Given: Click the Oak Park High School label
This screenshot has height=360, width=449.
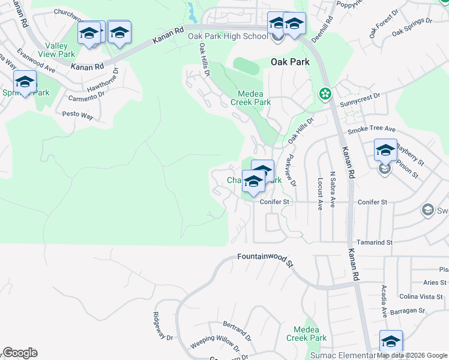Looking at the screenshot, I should click(x=228, y=37).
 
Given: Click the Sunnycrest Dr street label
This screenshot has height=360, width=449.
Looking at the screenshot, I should click(x=360, y=96).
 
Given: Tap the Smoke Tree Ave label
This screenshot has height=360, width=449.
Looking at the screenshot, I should click(x=372, y=129).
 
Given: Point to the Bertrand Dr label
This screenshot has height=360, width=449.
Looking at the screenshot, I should click(x=235, y=329).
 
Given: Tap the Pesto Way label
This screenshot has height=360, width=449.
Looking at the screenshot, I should click(x=78, y=114).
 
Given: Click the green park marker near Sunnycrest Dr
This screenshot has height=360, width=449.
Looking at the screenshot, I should click(x=325, y=95).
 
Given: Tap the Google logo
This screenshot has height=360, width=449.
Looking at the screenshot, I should click(x=20, y=353).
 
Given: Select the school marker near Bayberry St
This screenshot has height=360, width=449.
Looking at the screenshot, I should click(x=385, y=151).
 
